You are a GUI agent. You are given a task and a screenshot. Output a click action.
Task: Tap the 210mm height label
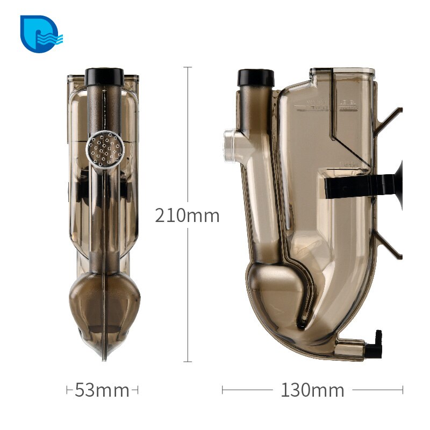pyautogui.click(x=187, y=216)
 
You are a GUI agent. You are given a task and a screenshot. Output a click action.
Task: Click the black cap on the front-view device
pyautogui.click(x=104, y=75)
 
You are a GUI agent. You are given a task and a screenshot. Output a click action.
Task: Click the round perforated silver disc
pyautogui.click(x=105, y=148)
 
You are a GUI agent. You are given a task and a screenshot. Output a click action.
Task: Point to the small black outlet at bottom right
pyautogui.click(x=376, y=344)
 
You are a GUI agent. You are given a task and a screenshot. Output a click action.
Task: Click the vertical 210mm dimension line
pyautogui.click(x=188, y=134)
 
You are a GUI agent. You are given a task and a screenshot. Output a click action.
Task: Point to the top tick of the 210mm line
pyautogui.click(x=188, y=67)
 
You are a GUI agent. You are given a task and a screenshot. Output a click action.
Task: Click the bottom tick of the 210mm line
pyautogui.click(x=188, y=362)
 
